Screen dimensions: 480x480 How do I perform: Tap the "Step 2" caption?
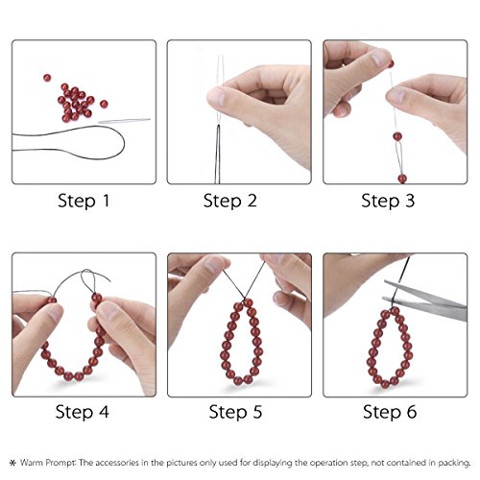[x=238, y=201]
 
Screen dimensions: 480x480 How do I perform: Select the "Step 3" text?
[x=396, y=201]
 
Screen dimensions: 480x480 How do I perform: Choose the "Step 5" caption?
[x=238, y=413]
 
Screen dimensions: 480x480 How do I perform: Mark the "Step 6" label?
[x=396, y=413]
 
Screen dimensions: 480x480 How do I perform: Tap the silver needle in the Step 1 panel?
[x=125, y=122]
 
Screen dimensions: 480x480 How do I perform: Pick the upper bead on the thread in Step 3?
[x=396, y=137]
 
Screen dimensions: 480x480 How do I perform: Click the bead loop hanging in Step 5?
[x=240, y=341]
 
